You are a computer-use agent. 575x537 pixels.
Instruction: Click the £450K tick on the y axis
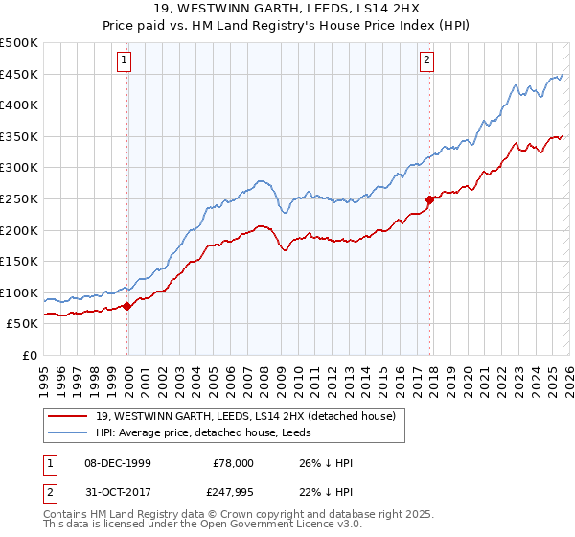tap(19, 75)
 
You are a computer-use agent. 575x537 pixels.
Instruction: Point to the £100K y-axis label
tap(19, 292)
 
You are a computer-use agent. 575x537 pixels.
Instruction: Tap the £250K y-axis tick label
tap(19, 199)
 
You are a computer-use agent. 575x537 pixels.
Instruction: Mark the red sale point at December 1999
tap(126, 307)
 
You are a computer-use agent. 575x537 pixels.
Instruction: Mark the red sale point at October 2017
tap(429, 199)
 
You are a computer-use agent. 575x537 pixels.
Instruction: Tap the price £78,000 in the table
tap(233, 462)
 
